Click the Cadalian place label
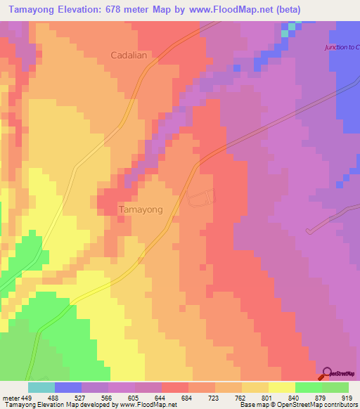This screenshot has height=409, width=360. (129, 55)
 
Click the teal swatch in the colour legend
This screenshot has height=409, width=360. (41, 387)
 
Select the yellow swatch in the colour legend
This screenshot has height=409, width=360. (281, 387)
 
